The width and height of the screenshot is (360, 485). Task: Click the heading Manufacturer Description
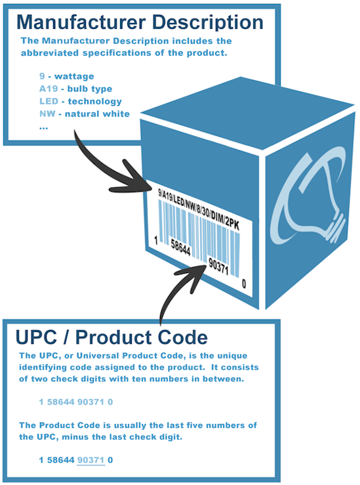pyautogui.click(x=140, y=23)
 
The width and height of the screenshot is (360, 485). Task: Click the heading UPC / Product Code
pyautogui.click(x=111, y=337)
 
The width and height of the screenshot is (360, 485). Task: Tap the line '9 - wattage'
pyautogui.click(x=66, y=76)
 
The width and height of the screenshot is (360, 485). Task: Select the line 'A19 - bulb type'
pyautogui.click(x=75, y=89)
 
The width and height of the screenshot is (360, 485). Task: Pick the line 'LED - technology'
pyautogui.click(x=81, y=102)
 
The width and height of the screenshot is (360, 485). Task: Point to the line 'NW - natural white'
pyautogui.click(x=85, y=114)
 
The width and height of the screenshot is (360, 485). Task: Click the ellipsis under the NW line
pyautogui.click(x=43, y=128)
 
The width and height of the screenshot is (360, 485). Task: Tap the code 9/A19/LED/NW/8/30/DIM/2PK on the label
pyautogui.click(x=199, y=209)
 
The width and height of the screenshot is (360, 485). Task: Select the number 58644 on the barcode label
pyautogui.click(x=180, y=248)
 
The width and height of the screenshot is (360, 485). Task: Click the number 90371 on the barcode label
pyautogui.click(x=218, y=266)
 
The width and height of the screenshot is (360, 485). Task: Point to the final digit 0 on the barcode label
pyautogui.click(x=244, y=284)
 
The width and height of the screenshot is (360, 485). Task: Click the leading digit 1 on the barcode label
pyautogui.click(x=156, y=240)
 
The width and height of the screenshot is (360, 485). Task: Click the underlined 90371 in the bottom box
pyautogui.click(x=91, y=460)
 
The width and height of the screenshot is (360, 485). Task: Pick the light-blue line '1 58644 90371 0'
pyautogui.click(x=75, y=402)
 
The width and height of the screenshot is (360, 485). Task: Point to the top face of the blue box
pyautogui.click(x=247, y=114)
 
